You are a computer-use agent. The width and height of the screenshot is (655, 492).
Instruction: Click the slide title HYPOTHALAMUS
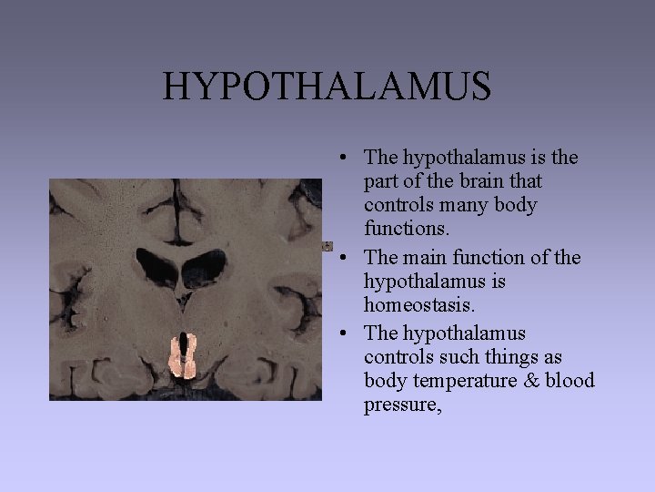coord(327,87)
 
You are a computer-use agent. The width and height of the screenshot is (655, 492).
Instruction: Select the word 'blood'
coord(569,381)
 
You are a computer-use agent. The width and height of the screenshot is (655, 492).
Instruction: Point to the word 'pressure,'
coord(402,405)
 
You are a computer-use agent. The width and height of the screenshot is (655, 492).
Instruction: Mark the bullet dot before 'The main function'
coord(338,258)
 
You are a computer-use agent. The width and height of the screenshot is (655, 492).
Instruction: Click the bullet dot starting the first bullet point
coord(338,158)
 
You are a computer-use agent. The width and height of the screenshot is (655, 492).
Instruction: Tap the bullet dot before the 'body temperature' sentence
coord(338,333)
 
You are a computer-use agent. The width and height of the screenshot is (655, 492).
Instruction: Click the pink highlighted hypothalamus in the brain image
coord(184,356)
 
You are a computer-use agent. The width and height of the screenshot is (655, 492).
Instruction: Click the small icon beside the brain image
coord(327,246)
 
